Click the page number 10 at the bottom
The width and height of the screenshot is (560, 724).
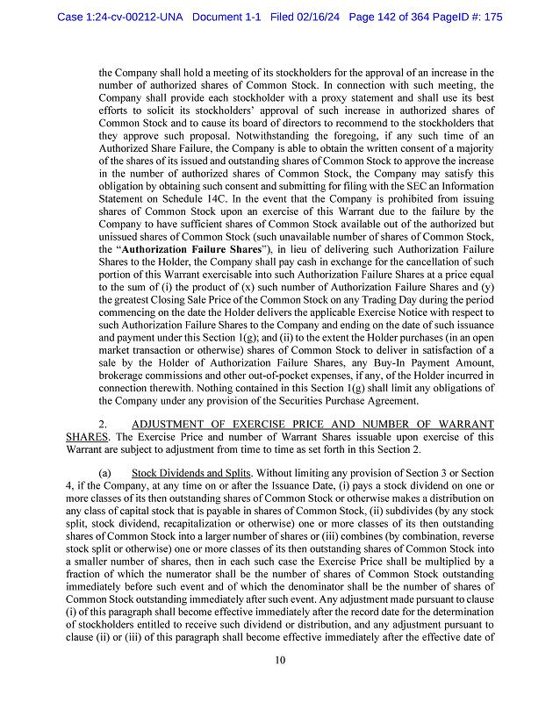(280, 661)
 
